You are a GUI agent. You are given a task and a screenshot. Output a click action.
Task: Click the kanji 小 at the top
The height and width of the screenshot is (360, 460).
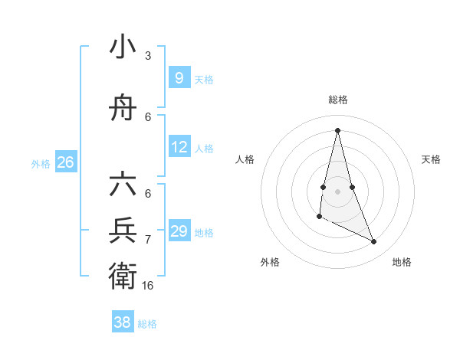123,47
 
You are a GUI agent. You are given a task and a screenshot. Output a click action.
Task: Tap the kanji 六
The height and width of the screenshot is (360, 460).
123,187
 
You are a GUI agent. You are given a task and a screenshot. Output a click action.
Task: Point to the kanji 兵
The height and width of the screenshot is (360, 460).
123,231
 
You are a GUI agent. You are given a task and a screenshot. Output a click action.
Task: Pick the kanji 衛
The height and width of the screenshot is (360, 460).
123,273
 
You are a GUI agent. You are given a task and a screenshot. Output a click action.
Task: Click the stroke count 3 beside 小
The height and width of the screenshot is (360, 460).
148,56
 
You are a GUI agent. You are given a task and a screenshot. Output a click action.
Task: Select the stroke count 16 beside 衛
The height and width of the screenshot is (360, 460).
148,285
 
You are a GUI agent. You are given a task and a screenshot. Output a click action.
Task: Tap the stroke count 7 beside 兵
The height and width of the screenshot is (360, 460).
148,240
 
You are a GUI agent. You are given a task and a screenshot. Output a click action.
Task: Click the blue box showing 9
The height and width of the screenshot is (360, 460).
179,77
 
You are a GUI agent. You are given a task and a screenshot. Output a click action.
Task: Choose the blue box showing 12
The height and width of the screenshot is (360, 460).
179,147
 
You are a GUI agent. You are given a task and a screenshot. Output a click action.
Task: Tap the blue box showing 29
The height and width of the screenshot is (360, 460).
179,231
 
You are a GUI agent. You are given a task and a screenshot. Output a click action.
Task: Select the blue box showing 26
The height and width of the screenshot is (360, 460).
65,162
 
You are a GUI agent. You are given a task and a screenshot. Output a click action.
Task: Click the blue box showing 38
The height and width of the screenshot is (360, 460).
122,322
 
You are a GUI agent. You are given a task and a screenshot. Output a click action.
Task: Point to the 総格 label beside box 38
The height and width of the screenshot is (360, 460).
147,324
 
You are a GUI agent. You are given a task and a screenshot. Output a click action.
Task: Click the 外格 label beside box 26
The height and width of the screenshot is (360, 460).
41,163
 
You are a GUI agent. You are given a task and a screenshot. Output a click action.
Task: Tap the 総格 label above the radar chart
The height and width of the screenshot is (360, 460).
337,100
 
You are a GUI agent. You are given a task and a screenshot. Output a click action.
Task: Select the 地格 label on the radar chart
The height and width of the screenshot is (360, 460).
402,262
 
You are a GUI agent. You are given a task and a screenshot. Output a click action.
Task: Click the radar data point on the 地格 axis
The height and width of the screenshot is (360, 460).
374,242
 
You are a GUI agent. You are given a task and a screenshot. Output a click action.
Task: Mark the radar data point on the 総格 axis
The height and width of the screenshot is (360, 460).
337,129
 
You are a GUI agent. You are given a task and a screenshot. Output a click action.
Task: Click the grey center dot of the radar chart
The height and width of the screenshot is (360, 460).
337,191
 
